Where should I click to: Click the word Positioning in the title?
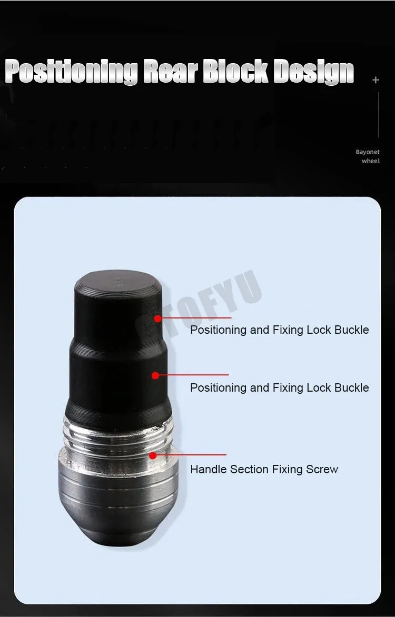(x=71, y=71)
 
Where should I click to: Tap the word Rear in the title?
(x=171, y=72)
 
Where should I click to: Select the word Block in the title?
(x=235, y=71)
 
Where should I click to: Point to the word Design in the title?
(x=313, y=72)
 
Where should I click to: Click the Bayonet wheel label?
(x=368, y=156)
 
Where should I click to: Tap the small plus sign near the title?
(x=376, y=80)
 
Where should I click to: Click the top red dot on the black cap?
(x=158, y=319)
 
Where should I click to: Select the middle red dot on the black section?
(x=155, y=376)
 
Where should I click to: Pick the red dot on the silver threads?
(x=153, y=456)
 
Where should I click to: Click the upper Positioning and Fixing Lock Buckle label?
(x=280, y=330)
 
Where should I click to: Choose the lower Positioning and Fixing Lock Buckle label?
(x=280, y=387)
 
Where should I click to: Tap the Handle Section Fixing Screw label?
(x=264, y=469)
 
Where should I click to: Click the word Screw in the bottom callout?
(x=322, y=469)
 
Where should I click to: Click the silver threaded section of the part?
(x=118, y=435)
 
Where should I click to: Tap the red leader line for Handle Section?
(x=190, y=455)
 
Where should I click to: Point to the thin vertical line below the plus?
(x=379, y=115)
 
